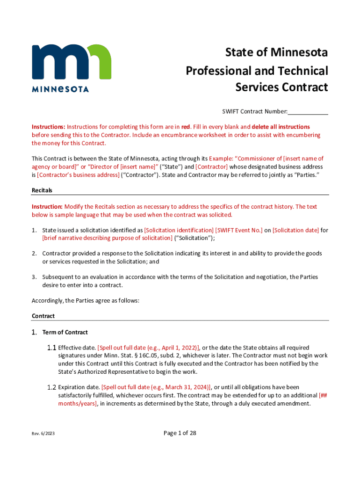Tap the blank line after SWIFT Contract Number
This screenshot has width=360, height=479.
(308, 111)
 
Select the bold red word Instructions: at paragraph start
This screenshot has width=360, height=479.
(48, 127)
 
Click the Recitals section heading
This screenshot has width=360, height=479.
(42, 190)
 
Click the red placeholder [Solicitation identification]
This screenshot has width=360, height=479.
(179, 230)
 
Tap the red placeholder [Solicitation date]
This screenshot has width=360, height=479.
(295, 230)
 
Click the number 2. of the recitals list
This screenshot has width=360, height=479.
(35, 254)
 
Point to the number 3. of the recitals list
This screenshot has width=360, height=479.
(35, 277)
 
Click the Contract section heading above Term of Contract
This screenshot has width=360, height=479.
(43, 316)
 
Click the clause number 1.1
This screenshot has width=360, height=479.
(51, 348)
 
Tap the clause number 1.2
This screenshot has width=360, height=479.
(51, 387)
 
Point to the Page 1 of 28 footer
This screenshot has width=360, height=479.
(180, 433)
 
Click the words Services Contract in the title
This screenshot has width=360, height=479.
(281, 87)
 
